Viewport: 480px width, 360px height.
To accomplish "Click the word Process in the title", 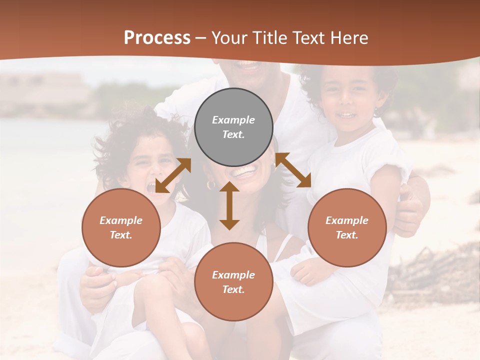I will tap(157, 38).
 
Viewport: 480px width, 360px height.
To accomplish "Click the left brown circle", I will tap(121, 227).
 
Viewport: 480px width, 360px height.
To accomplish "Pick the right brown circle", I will tap(347, 227).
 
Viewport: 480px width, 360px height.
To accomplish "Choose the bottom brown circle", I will tap(233, 281).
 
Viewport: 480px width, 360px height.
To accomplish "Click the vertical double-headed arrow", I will tap(229, 205).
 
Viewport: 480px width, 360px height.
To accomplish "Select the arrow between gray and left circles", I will tap(173, 175).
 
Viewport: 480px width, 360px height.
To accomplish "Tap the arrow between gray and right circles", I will tap(293, 170).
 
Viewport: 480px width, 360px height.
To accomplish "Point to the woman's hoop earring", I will tap(211, 184).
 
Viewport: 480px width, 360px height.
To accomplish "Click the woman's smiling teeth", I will tap(244, 172).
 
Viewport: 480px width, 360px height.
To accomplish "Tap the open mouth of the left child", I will tap(150, 188).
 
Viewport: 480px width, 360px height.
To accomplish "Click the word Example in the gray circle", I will tap(233, 120).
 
